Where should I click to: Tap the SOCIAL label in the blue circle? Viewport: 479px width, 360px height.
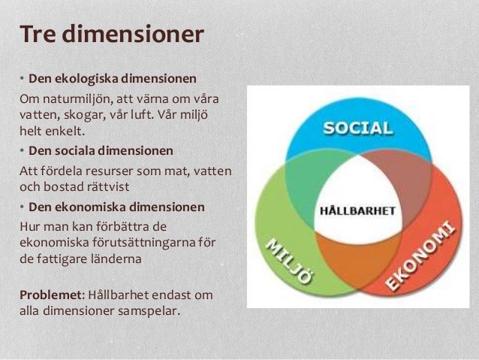pyautogui.click(x=357, y=127)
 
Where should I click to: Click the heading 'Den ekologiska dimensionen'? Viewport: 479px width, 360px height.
pyautogui.click(x=113, y=78)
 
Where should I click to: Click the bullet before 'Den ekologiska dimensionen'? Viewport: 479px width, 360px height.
pyautogui.click(x=23, y=79)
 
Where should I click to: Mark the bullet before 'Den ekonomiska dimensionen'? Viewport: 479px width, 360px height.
pyautogui.click(x=23, y=207)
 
